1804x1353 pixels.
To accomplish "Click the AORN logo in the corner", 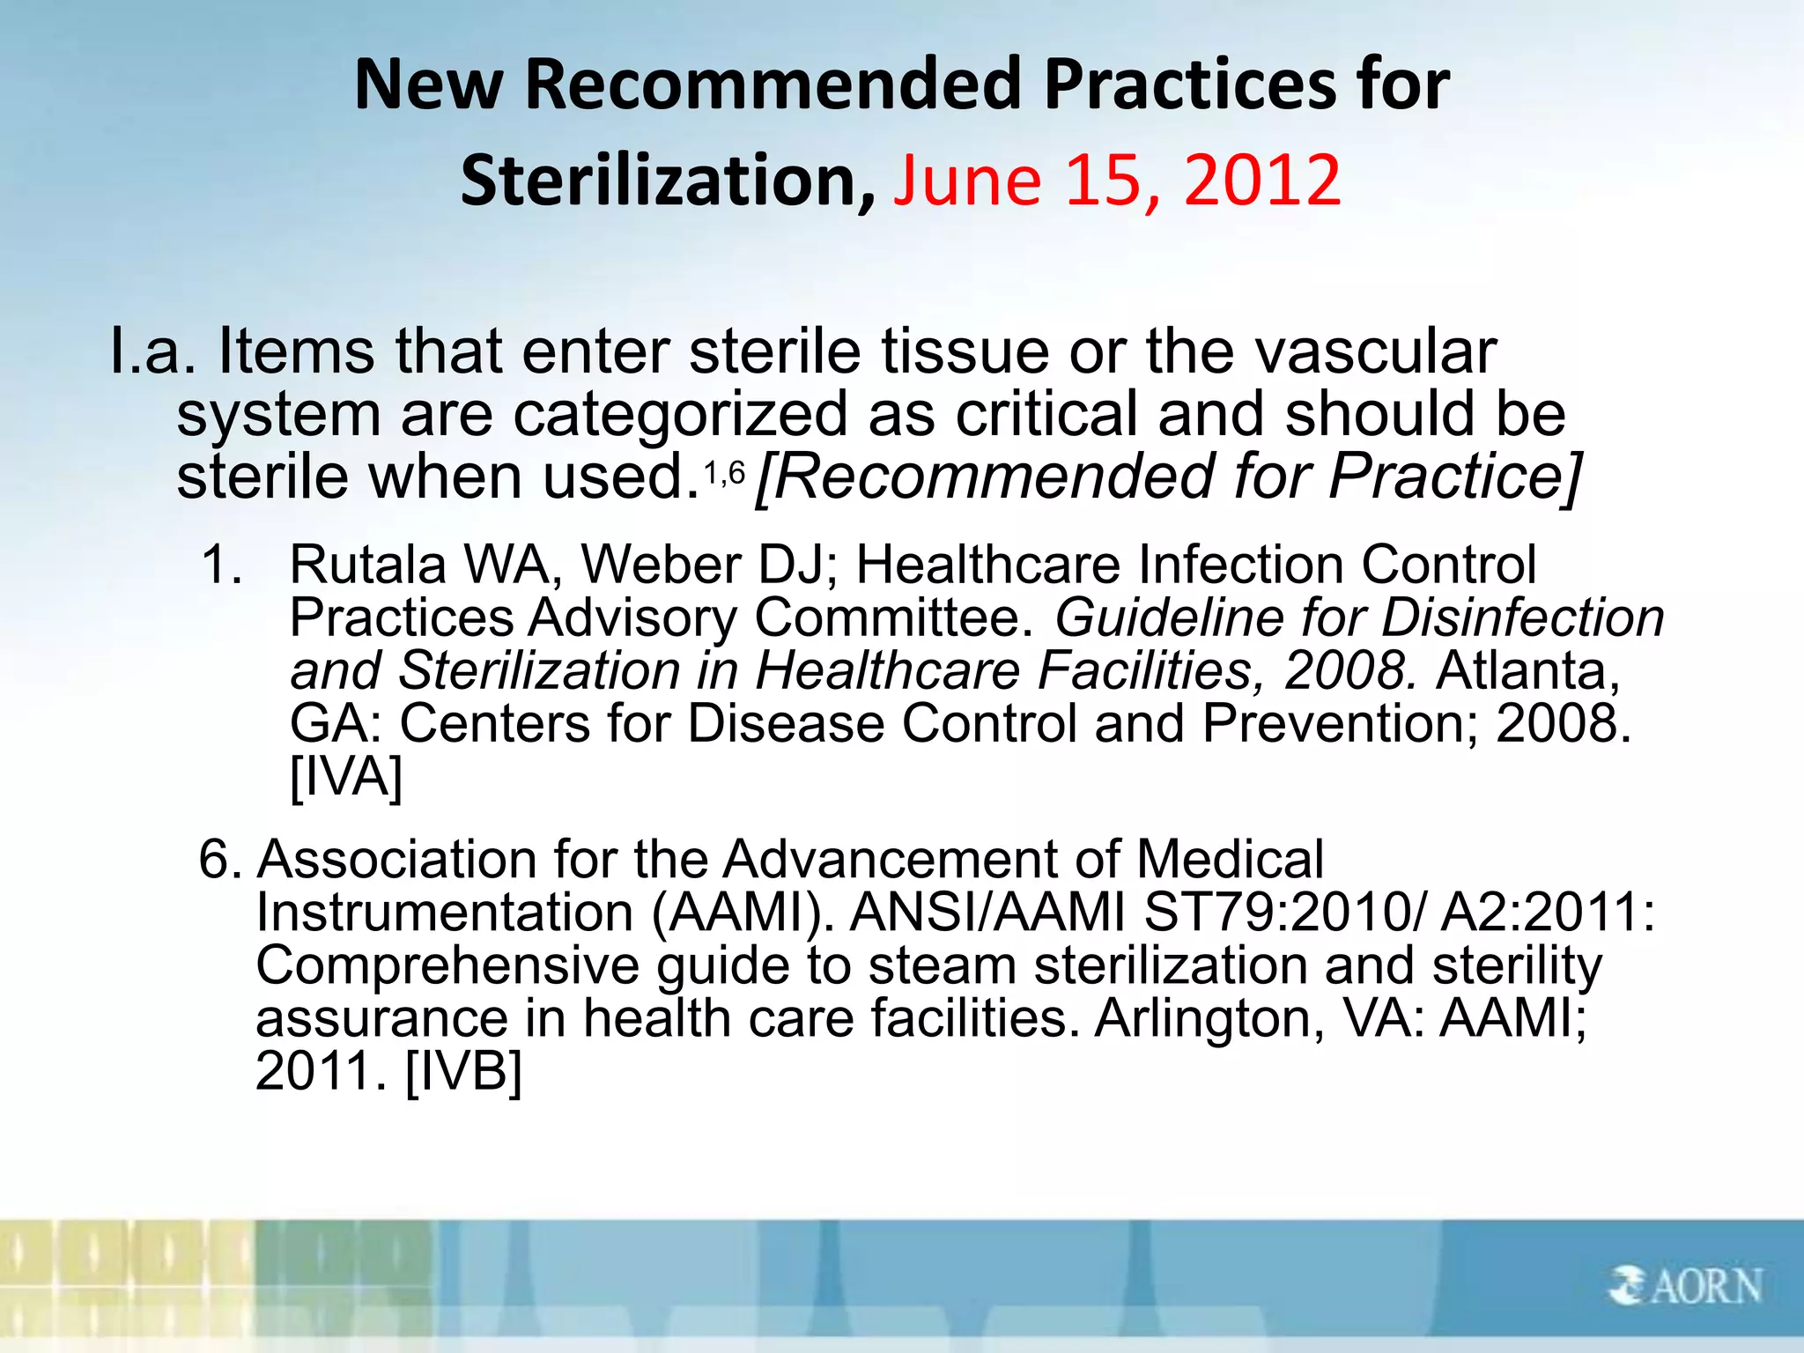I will (x=1684, y=1285).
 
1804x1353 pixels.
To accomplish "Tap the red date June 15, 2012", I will (x=1117, y=181).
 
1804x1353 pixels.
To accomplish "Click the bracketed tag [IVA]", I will (x=346, y=777).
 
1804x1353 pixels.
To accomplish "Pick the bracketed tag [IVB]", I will (x=463, y=1071).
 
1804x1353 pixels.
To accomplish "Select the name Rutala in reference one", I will (x=368, y=565).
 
